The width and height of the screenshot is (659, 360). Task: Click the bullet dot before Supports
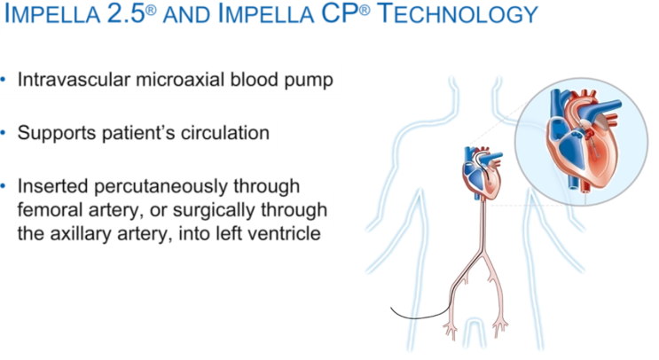tap(7, 133)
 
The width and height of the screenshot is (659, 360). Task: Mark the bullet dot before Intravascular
tap(7, 80)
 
